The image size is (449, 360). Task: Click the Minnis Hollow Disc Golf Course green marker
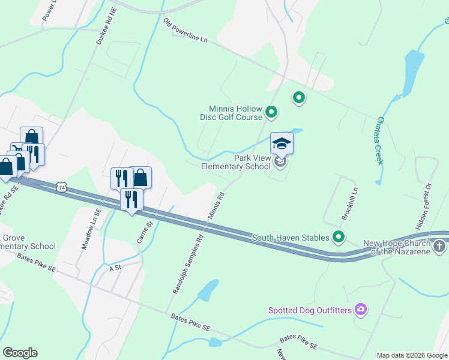pyautogui.click(x=271, y=111)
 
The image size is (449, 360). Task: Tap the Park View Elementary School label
pyautogui.click(x=235, y=162)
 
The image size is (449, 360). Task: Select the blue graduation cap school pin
pyautogui.click(x=282, y=143)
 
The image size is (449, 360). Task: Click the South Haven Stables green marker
pyautogui.click(x=339, y=238)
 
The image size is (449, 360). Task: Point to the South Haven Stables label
pyautogui.click(x=291, y=238)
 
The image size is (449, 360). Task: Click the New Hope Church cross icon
pyautogui.click(x=439, y=246)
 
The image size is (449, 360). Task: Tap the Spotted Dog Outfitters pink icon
pyautogui.click(x=361, y=310)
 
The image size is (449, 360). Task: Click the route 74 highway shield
pyautogui.click(x=61, y=188)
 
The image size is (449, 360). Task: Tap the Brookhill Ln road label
pyautogui.click(x=350, y=203)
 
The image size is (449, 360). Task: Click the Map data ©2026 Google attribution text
pyautogui.click(x=411, y=355)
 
